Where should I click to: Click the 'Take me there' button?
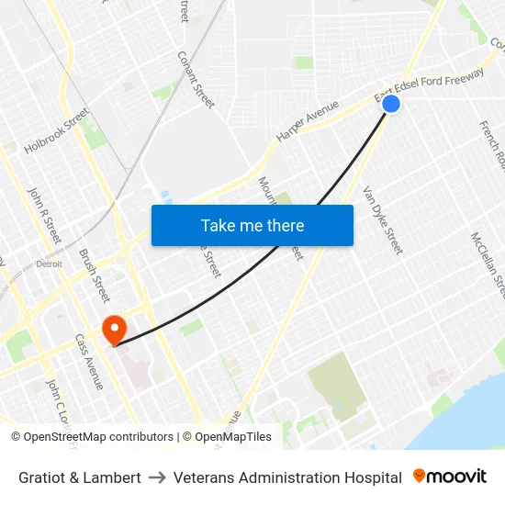(x=252, y=225)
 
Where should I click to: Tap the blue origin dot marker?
(x=390, y=104)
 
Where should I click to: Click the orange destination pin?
(x=114, y=329)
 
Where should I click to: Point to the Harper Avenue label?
(x=308, y=120)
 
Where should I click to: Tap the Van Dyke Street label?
(x=383, y=220)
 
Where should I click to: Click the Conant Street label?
(x=196, y=79)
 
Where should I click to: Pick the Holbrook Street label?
(x=57, y=130)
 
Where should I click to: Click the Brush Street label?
(x=95, y=275)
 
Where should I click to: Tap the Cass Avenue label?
(x=89, y=361)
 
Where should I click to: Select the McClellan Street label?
(x=488, y=264)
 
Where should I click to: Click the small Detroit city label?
(x=49, y=264)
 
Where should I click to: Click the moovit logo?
(x=449, y=477)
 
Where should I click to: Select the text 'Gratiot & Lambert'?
(x=80, y=477)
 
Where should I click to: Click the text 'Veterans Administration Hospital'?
(x=287, y=477)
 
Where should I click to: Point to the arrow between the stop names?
(x=157, y=477)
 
